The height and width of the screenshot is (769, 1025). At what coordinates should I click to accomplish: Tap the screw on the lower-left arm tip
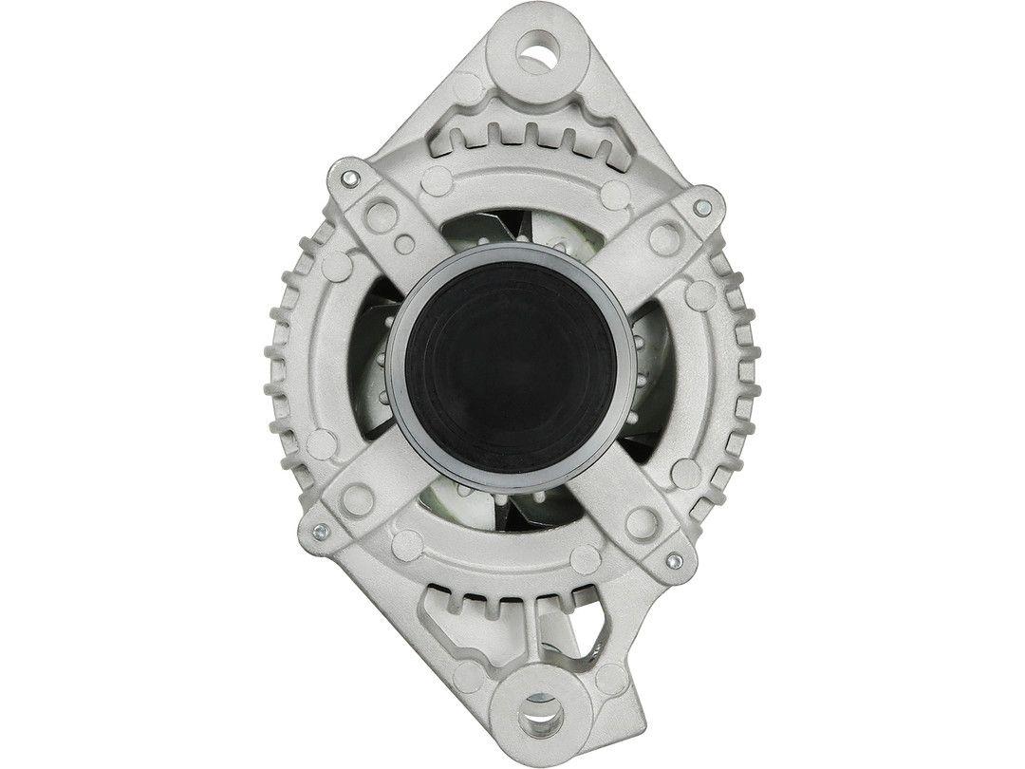click(320, 531)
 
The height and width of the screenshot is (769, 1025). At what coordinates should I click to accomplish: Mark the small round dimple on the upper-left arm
click(403, 243)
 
